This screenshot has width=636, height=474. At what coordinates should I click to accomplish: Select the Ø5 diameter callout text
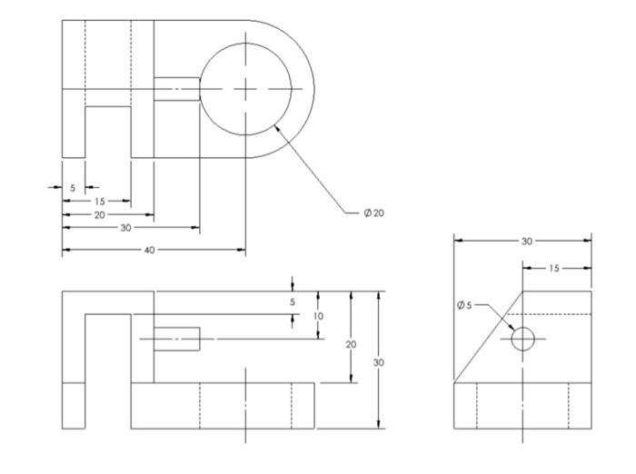pos(465,304)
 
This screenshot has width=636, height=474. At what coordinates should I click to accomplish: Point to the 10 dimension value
pos(319,315)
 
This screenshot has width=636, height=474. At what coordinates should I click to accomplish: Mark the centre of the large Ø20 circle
pos(245,88)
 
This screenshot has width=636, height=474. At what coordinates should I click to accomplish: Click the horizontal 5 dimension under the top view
pos(73,187)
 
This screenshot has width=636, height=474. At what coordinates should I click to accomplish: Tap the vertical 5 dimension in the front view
pos(292,302)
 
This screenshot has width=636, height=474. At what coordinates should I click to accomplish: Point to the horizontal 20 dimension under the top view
pos(100,214)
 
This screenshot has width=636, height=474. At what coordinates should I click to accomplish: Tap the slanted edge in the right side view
pos(488,336)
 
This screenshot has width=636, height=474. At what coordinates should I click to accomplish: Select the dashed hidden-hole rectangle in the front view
pos(176,339)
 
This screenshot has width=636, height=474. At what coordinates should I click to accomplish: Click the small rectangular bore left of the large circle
pos(176,88)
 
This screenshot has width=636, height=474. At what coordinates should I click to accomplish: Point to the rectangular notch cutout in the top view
pos(108,132)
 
